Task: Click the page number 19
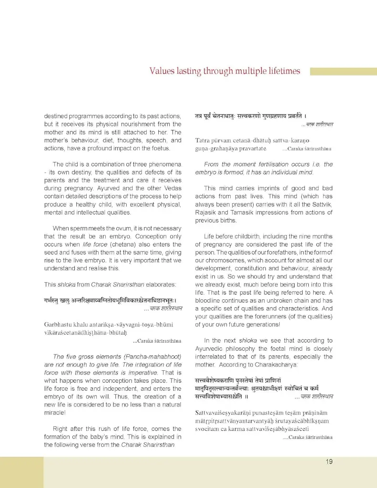click(x=329, y=461)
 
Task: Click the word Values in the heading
click(x=162, y=71)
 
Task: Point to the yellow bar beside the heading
click(x=343, y=71)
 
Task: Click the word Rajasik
click(x=206, y=213)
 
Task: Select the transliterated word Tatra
click(x=204, y=141)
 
